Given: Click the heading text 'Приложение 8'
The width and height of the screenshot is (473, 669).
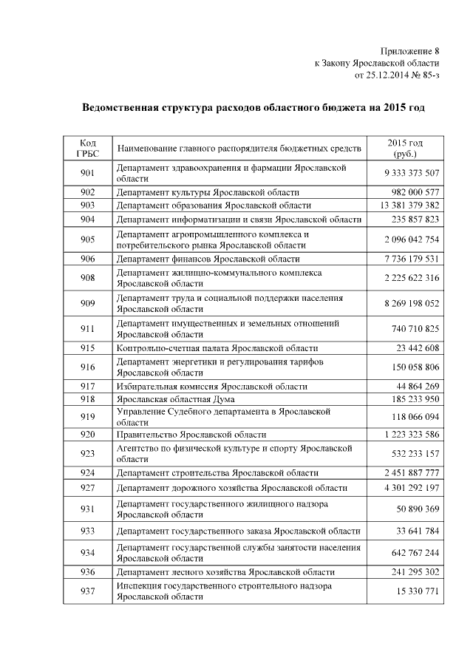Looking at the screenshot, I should click(409, 51).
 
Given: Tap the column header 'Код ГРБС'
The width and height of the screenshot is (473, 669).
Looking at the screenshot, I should click(87, 148).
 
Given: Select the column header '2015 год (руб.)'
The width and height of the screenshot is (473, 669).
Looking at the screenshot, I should click(405, 148).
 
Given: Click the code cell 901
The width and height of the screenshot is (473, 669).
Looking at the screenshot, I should click(87, 174).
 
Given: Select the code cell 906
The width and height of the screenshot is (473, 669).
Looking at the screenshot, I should click(87, 259).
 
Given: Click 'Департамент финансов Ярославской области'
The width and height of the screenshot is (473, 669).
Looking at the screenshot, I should click(208, 259).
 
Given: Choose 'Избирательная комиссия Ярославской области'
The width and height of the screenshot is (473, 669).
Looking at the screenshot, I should click(211, 387).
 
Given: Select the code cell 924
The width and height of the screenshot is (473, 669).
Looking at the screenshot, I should click(87, 473).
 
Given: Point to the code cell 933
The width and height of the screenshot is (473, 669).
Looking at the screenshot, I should click(87, 531).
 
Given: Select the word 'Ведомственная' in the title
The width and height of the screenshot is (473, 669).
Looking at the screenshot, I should click(123, 108).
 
